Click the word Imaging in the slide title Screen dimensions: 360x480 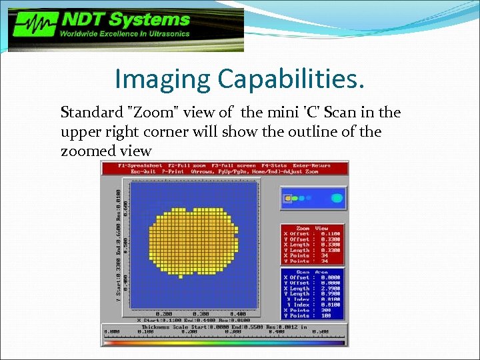(x=163, y=79)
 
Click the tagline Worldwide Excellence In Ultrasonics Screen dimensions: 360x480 (x=125, y=33)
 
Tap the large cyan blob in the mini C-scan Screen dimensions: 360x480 (x=337, y=198)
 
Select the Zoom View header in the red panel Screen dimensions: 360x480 (x=312, y=228)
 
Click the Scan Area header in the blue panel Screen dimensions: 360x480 (x=312, y=272)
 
